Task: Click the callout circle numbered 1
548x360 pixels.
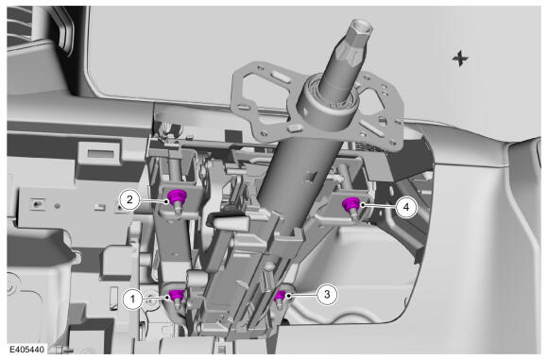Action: [132, 300]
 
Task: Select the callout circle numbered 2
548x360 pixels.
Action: [129, 199]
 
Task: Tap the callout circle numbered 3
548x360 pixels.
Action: [327, 294]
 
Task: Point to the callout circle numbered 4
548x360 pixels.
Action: [405, 207]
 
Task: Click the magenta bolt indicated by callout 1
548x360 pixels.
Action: [177, 297]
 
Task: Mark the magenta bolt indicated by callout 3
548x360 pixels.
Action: [279, 297]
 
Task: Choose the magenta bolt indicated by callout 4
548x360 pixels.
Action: [351, 204]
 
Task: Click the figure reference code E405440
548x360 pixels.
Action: [26, 350]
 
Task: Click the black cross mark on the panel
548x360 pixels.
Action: [459, 59]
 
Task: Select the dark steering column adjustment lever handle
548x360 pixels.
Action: [227, 221]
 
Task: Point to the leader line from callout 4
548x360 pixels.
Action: [379, 206]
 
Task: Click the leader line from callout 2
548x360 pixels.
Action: [153, 200]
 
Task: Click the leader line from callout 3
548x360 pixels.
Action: [302, 295]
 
